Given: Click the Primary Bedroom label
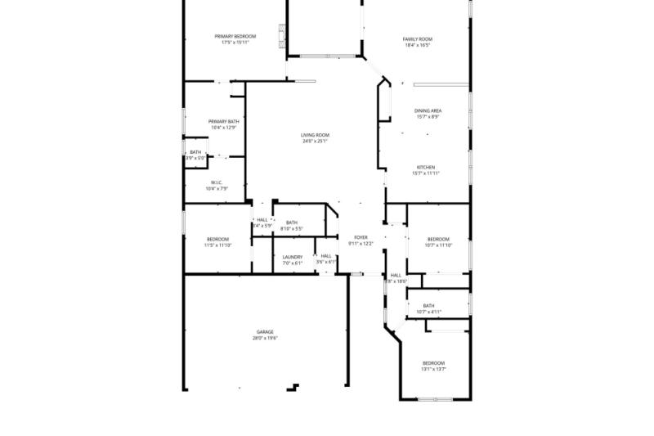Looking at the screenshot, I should (235, 36).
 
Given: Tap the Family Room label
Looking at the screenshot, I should (417, 39).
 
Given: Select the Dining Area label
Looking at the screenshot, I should (428, 110).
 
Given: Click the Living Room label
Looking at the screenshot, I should (315, 135).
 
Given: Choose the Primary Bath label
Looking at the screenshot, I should (223, 121).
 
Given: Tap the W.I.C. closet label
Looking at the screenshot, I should (217, 182).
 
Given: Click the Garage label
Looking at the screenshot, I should (265, 331).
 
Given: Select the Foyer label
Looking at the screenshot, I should (361, 237).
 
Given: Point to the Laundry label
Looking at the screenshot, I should (293, 257).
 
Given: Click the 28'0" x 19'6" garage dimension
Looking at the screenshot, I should (265, 338).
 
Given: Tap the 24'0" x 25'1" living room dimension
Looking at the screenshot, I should (315, 142).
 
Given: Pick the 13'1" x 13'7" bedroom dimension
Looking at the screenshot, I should (433, 369).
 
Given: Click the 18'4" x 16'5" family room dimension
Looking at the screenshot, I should (417, 46).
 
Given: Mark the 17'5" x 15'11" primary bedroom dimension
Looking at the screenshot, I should (235, 43).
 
